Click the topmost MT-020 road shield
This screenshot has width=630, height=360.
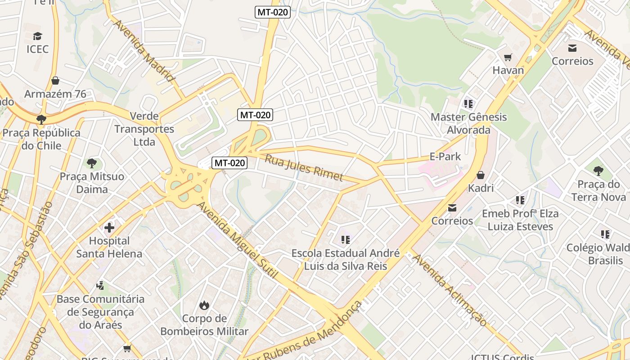point(272,12)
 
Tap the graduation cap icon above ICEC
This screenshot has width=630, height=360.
point(37,36)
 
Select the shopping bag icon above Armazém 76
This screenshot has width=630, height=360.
point(55,81)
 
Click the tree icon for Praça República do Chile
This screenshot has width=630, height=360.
point(41,119)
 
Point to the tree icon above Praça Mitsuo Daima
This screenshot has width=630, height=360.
point(92,163)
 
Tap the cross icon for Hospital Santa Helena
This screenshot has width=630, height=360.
point(109,228)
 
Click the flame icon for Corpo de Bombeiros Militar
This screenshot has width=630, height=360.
point(204,306)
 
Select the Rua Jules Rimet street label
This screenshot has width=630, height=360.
point(304,167)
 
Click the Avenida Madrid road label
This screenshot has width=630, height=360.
point(144,50)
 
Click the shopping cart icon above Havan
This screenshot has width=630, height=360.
point(508,57)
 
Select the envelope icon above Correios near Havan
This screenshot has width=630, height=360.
point(572,48)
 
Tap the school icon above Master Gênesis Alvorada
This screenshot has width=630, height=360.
point(468,104)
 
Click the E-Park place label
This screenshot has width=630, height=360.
point(445,157)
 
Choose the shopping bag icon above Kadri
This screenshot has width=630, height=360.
point(481,175)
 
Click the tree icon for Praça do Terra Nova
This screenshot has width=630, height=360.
point(598,171)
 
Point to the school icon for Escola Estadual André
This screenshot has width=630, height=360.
point(345,240)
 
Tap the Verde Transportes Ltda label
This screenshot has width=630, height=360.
point(144,129)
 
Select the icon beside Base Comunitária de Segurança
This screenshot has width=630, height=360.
point(100,285)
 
